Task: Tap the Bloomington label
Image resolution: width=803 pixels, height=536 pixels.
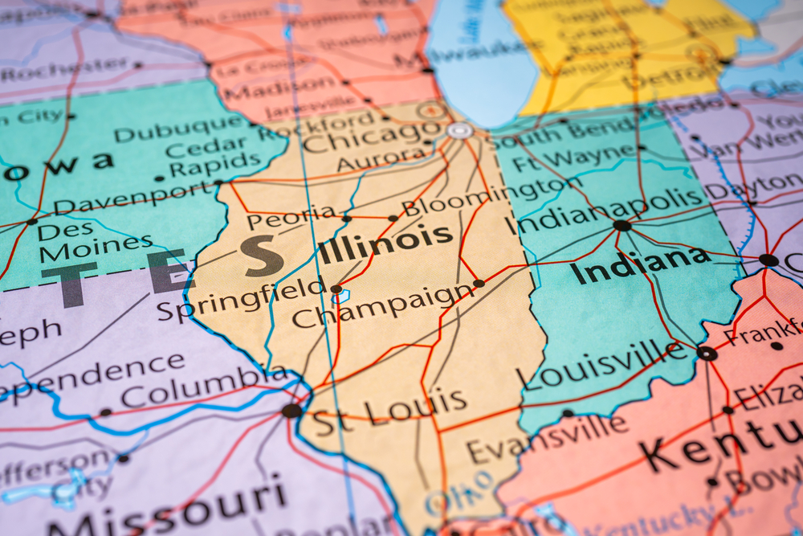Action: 481,195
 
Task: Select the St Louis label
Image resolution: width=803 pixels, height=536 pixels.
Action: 389,411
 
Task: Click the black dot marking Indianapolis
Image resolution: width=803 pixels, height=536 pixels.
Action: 622,226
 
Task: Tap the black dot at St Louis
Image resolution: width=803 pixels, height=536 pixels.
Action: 292,410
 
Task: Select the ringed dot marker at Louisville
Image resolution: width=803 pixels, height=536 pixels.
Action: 707,353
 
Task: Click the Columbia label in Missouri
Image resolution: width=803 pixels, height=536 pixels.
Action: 205,387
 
